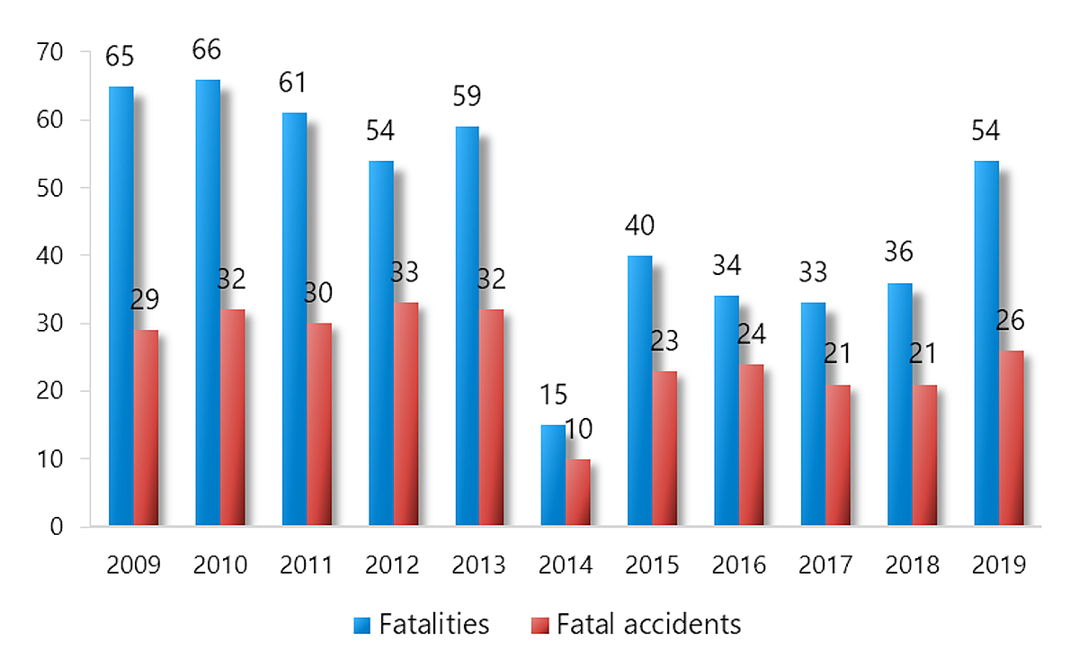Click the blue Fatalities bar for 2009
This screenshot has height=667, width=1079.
[x=120, y=306]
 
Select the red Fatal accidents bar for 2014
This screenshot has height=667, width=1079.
[x=578, y=492]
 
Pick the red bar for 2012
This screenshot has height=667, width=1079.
[x=406, y=414]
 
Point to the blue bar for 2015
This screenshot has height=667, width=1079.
[x=639, y=390]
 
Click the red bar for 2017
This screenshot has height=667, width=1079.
[x=838, y=455]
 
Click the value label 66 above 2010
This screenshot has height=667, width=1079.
[x=207, y=49]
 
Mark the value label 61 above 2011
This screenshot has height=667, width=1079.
[x=293, y=83]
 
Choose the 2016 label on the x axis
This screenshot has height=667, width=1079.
[x=738, y=565]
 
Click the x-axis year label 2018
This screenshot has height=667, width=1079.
[x=912, y=565]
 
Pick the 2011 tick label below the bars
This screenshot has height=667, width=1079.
[x=305, y=565]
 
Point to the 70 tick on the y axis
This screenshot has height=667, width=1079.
[x=51, y=52]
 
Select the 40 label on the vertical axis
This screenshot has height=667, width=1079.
[x=51, y=255]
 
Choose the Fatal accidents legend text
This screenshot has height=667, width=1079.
[x=648, y=624]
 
